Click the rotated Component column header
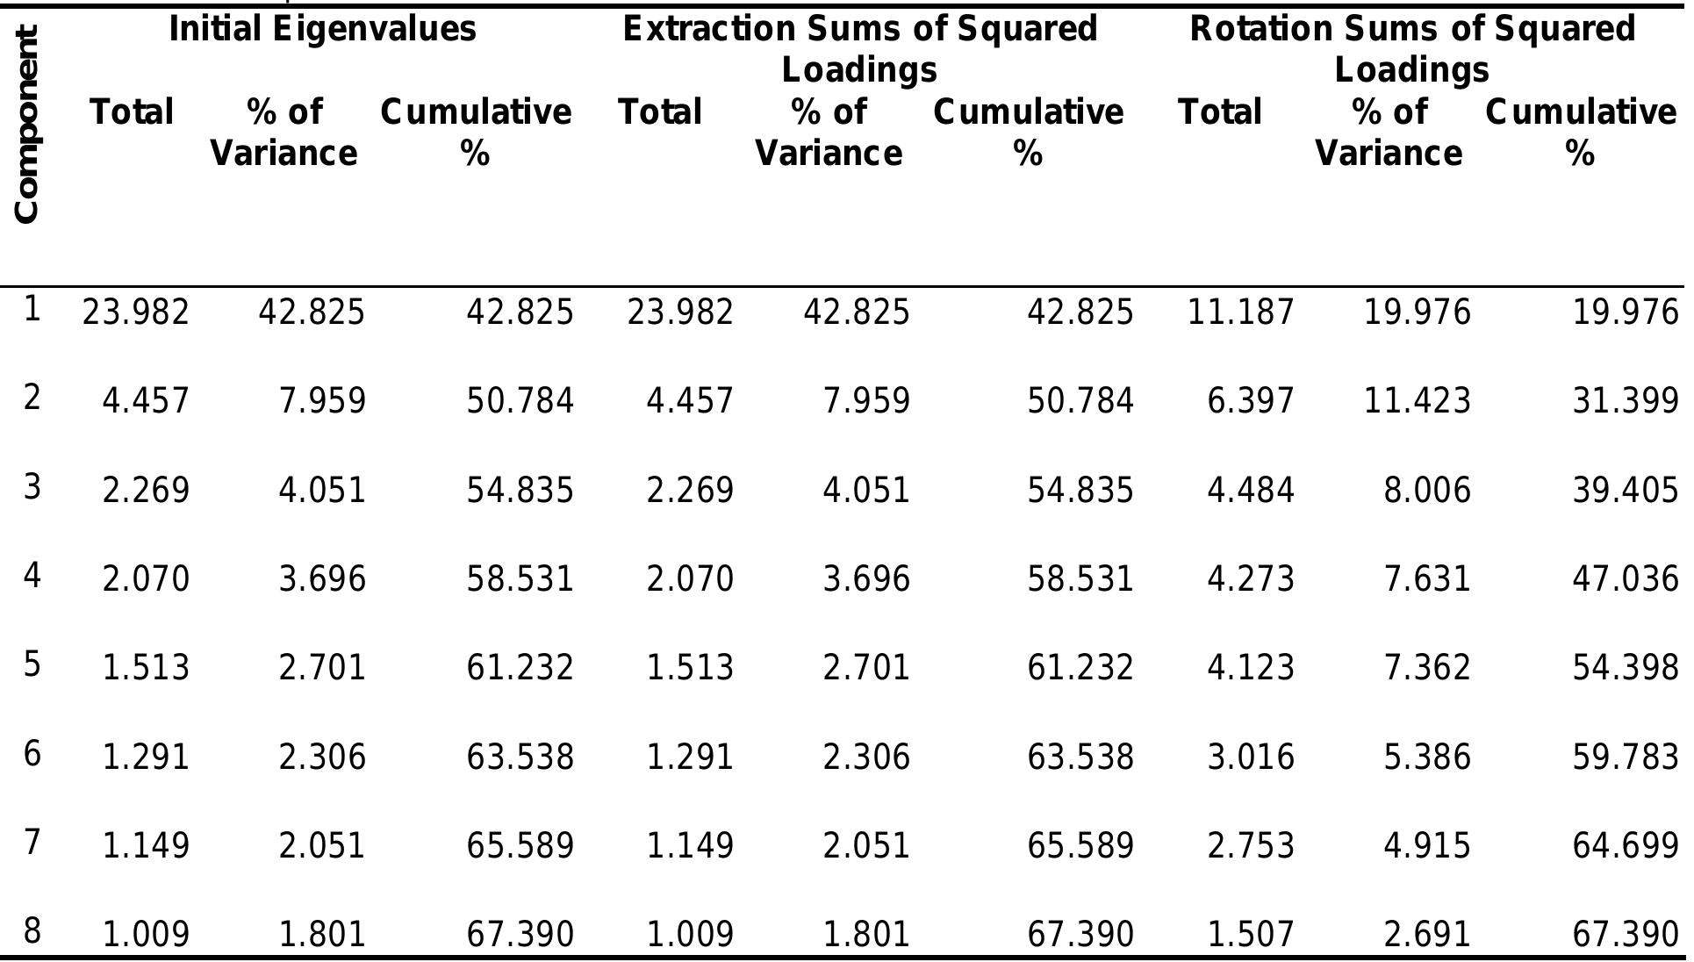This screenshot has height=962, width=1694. pos(26,125)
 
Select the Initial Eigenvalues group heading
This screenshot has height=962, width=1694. pos(322,30)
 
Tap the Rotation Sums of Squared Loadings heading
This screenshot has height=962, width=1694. pos(1411,48)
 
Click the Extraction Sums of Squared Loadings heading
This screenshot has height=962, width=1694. pos(859,48)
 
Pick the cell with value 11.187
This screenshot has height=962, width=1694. pos(1240,312)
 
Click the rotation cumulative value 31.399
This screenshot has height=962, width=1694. pos(1625,401)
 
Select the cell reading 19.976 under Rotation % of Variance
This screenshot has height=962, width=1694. pos(1417,312)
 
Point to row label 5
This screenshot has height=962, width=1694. pos(32,665)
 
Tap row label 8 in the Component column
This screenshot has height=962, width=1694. pos(32,930)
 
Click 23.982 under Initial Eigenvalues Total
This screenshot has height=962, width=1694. pos(135,312)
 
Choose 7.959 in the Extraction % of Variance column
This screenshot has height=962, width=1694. pos(866,401)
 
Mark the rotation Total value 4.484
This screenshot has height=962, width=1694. pos(1250,490)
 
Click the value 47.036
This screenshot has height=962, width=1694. pos(1625,579)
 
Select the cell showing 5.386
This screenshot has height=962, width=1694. pos(1426,757)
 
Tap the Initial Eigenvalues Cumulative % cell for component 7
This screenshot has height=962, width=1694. pos(520,845)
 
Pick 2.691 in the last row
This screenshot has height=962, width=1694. pos(1426,935)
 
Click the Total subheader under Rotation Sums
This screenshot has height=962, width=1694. pos(1220,112)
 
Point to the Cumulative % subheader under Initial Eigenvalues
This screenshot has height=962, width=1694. pos(475,132)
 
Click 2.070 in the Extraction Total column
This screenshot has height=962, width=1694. pos(690,579)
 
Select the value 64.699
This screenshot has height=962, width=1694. pos(1625,845)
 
